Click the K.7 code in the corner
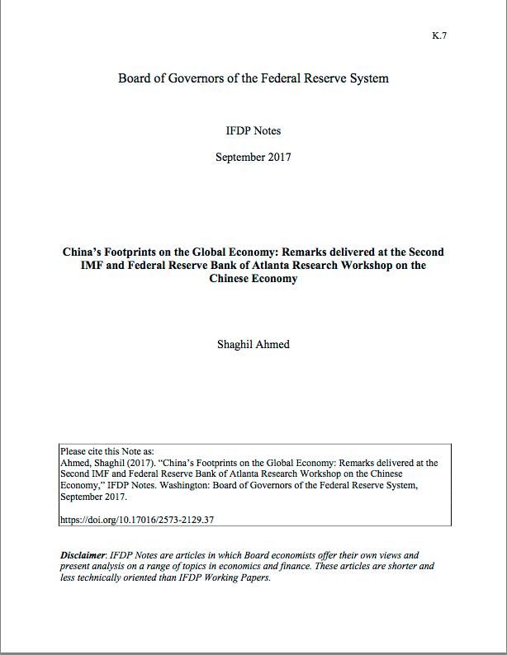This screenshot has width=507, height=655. tap(438, 35)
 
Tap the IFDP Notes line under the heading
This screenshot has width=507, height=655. tap(253, 130)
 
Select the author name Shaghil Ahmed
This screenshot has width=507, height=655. tap(253, 344)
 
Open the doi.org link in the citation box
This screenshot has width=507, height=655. tap(137, 520)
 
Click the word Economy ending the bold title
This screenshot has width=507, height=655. tap(276, 278)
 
